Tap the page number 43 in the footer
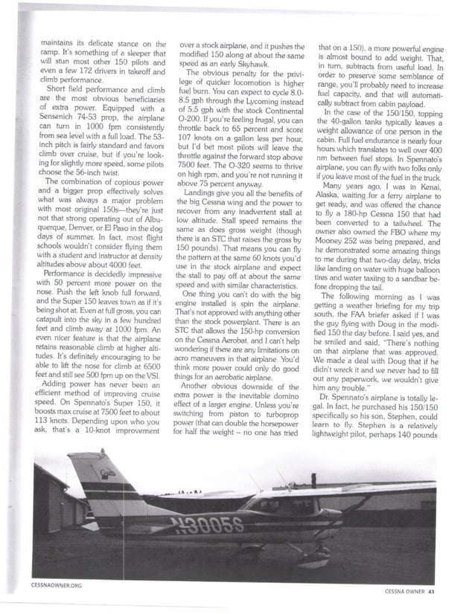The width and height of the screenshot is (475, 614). coord(440,592)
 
